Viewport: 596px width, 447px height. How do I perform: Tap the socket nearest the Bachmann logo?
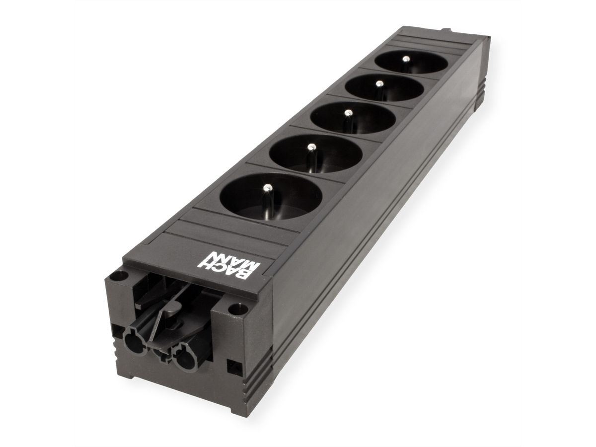tap(271, 198)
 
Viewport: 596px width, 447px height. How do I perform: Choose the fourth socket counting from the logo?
tap(384, 87)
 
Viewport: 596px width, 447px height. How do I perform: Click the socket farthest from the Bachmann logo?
tap(411, 62)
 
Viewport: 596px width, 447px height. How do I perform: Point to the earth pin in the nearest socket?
tap(267, 189)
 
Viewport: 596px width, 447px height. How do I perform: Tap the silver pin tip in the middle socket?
tap(348, 113)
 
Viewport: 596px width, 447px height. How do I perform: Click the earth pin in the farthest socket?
tap(406, 59)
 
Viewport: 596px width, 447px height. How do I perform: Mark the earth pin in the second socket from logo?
tap(311, 148)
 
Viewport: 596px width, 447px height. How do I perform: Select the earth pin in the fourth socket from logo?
tap(379, 83)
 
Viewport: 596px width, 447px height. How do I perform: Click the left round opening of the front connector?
tap(135, 343)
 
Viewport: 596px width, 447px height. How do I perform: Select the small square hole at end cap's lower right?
tap(231, 367)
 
